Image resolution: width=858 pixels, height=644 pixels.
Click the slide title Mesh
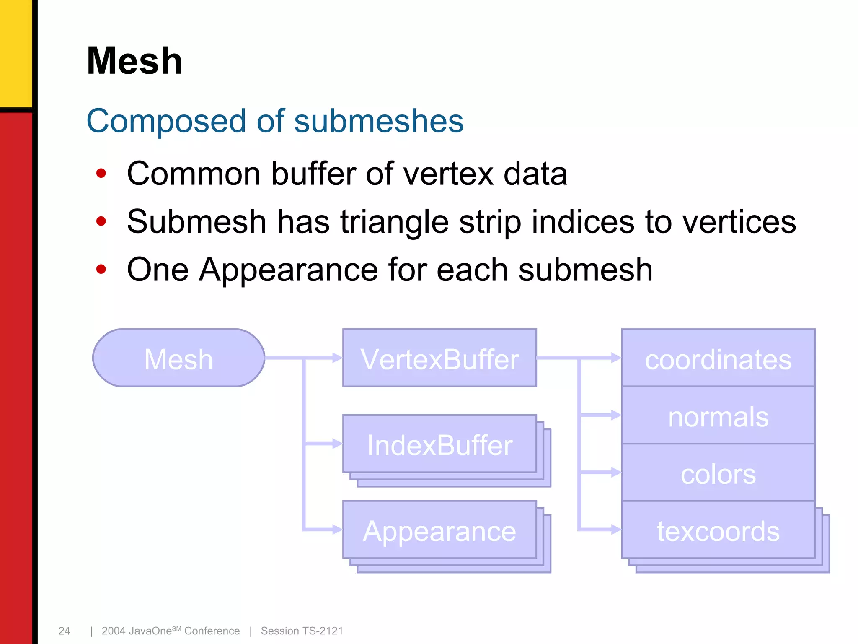pos(134,61)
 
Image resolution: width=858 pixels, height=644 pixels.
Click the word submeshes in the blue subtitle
pos(379,121)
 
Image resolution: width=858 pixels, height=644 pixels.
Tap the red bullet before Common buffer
pos(101,173)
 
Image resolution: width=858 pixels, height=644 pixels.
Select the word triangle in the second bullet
pos(394,222)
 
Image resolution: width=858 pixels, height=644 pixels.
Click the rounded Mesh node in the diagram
pos(178,358)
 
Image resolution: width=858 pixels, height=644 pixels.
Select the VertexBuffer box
pos(439,358)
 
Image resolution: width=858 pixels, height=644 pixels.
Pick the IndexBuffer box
pos(439,444)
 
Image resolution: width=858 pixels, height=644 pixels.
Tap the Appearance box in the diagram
pos(439,530)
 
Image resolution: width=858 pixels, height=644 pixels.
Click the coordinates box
pos(718,358)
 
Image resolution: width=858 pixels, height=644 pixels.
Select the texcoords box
pos(718,530)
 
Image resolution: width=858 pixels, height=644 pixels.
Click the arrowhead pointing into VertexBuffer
pos(337,358)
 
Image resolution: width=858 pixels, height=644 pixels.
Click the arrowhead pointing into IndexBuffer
pos(337,444)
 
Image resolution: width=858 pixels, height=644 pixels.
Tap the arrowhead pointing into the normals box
pos(616,415)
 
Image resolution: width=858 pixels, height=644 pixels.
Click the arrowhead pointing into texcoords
pos(616,530)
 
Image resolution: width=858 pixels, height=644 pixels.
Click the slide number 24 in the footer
pos(64,631)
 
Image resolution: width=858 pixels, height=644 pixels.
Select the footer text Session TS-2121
pos(302,631)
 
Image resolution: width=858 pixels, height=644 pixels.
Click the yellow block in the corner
pos(16,52)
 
